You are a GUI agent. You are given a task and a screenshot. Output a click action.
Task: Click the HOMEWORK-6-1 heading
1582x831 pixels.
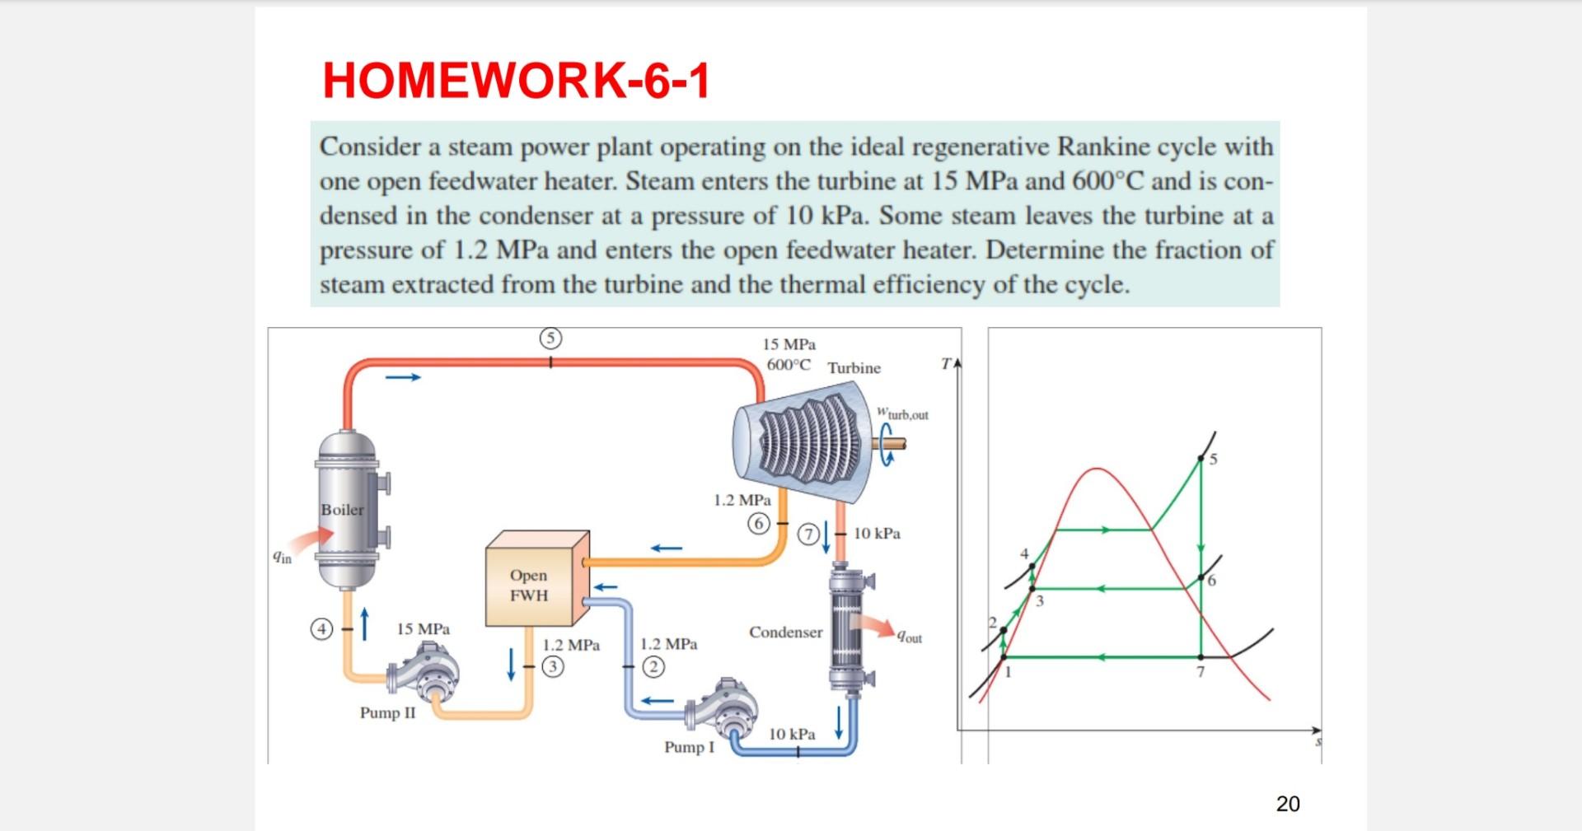tap(516, 81)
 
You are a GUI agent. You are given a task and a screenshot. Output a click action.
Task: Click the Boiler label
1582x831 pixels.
tap(342, 510)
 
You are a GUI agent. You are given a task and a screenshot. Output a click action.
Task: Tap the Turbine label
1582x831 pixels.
tap(854, 368)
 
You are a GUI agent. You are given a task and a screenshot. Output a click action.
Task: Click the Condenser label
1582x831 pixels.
tap(785, 633)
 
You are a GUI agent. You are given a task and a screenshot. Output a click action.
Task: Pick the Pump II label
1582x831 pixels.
tap(387, 713)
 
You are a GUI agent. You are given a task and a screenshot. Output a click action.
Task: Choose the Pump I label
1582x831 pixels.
tap(689, 748)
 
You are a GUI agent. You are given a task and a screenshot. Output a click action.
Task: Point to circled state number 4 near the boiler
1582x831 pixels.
tap(321, 630)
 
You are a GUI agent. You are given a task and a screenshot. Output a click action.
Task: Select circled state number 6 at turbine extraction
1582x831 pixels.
tap(759, 523)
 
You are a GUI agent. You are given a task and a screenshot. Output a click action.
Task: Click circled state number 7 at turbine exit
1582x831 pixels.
tap(809, 535)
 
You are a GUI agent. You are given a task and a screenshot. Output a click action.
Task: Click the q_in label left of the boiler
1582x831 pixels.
tap(282, 558)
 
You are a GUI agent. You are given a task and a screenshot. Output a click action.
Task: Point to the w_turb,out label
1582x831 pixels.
tap(903, 413)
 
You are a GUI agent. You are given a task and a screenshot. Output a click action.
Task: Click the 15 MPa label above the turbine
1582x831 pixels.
tap(789, 344)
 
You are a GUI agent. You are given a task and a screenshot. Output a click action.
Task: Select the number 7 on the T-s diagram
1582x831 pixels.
tap(1201, 672)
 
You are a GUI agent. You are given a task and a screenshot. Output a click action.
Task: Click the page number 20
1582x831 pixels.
tap(1287, 804)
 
